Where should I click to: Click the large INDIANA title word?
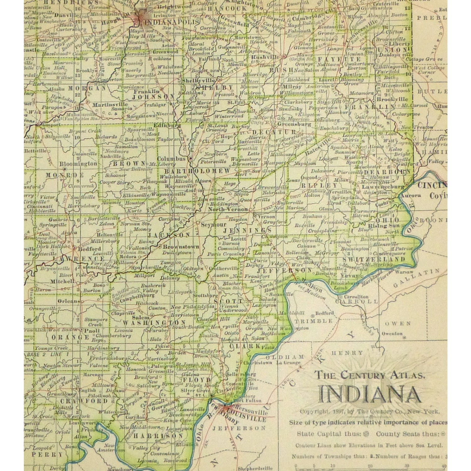pos(369,394)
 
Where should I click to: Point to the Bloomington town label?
pos(78,164)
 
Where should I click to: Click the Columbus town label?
pos(171,159)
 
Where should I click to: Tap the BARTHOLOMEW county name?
pos(198,171)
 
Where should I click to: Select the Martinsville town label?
pos(106,104)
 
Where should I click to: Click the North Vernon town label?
pos(228,209)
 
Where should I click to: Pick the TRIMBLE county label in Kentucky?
pos(313,321)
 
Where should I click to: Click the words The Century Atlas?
pos(370,375)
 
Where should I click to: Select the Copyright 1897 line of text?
pos(370,411)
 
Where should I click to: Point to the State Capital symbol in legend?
pos(366,434)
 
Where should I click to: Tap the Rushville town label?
pos(265,57)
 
